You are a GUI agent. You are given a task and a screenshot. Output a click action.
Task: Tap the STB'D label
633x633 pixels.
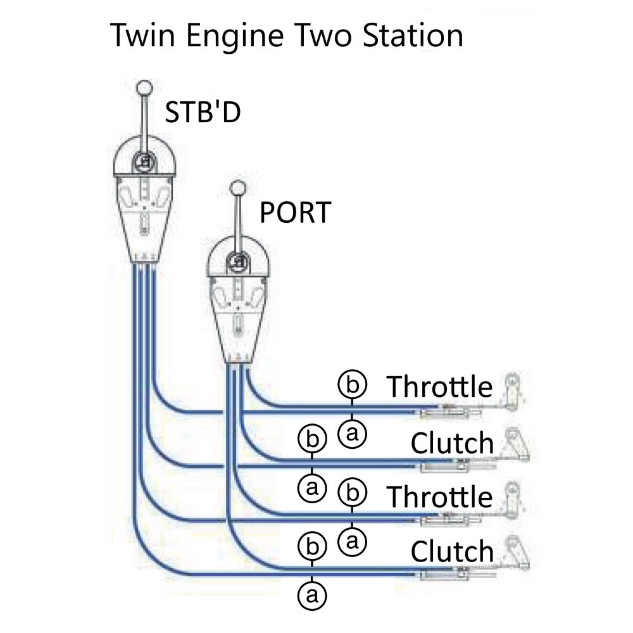(x=203, y=112)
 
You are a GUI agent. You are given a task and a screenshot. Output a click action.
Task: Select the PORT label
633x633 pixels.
(x=295, y=213)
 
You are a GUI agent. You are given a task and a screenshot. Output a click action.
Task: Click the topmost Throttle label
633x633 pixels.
(x=439, y=386)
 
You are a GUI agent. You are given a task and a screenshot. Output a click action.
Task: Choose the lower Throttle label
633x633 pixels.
(x=439, y=496)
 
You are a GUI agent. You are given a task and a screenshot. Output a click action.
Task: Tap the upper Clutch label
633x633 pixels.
(x=452, y=442)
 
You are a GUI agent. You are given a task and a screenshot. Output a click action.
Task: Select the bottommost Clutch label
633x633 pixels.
(x=452, y=551)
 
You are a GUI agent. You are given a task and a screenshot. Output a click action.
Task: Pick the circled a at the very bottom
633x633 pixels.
(x=311, y=594)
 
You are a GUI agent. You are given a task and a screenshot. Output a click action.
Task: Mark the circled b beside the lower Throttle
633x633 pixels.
(x=353, y=491)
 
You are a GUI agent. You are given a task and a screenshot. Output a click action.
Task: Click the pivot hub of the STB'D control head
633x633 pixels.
(x=145, y=162)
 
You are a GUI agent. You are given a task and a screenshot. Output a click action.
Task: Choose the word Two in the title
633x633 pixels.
(x=322, y=36)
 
